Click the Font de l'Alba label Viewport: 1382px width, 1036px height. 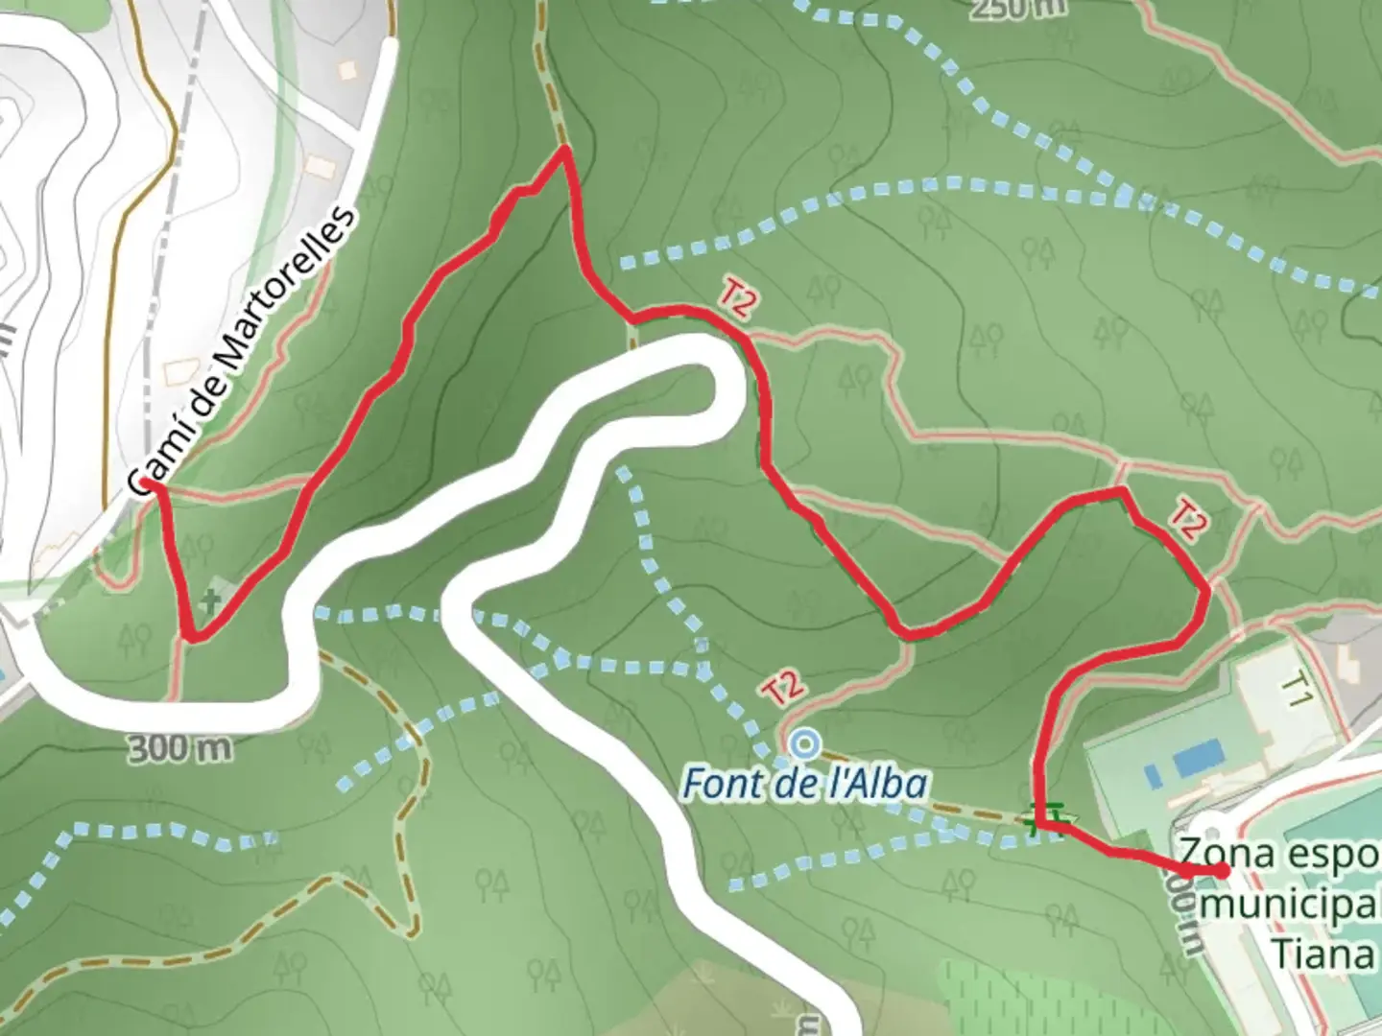point(804,784)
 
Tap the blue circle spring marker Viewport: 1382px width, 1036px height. point(804,742)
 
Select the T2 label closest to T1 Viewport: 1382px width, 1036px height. point(1186,523)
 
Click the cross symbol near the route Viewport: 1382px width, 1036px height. point(210,602)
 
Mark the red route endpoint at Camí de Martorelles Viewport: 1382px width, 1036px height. point(144,483)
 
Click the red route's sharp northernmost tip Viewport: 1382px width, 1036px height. point(565,150)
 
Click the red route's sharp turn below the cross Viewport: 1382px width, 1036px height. point(193,636)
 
